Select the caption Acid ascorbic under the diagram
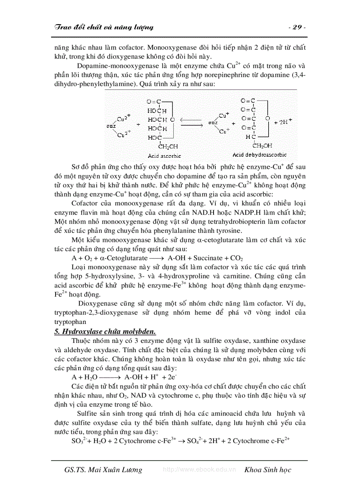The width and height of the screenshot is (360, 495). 164,156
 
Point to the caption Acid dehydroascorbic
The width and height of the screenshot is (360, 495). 259,155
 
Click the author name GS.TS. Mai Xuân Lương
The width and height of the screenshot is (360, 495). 103,469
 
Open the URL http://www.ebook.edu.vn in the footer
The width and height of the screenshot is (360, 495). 199,470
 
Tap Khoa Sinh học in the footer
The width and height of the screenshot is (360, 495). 268,469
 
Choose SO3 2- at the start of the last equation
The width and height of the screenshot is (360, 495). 77,441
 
